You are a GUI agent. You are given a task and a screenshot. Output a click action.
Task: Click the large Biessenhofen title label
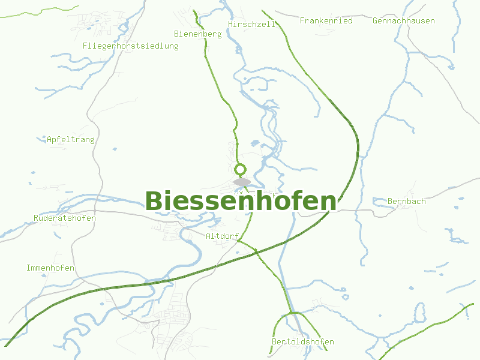240,202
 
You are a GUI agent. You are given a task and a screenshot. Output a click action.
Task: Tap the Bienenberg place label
197,34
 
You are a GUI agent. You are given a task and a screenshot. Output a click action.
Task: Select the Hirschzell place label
251,24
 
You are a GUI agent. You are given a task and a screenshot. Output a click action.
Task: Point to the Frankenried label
326,20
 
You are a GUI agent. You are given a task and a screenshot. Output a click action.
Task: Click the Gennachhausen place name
403,20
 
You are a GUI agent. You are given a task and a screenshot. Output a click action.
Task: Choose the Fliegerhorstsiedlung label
130,46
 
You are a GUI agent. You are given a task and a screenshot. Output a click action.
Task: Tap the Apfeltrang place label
71,139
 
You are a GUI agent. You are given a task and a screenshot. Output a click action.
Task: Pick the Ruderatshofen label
65,218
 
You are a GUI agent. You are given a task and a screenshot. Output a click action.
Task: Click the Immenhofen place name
50,268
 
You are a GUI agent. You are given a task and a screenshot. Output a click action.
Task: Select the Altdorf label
222,236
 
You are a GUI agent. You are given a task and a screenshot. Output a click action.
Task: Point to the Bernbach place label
407,201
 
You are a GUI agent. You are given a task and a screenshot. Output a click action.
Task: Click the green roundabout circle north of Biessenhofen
241,169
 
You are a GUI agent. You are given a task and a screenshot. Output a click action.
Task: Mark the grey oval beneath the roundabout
242,182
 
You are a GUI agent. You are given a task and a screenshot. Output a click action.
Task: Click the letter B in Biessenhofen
153,202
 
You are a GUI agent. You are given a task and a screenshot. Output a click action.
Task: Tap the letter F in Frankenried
302,20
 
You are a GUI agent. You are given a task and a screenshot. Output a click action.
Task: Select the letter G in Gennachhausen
375,20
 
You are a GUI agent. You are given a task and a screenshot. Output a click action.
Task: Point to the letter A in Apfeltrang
49,139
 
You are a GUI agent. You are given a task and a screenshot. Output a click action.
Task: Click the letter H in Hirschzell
230,24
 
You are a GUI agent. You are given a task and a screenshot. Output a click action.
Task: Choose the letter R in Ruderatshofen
37,218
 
